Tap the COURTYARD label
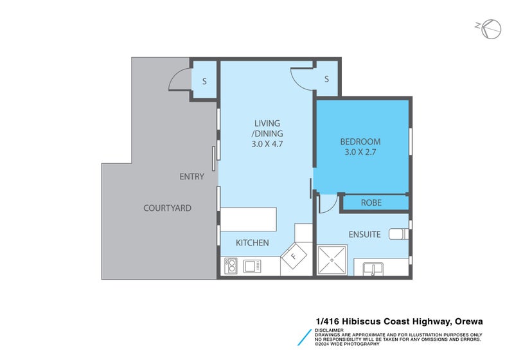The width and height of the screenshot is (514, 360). (x=167, y=208)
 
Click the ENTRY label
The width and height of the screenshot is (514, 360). (x=191, y=177)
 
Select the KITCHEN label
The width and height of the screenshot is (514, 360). (x=253, y=242)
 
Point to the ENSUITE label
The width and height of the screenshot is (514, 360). (x=364, y=235)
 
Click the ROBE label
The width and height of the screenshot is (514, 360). (x=371, y=203)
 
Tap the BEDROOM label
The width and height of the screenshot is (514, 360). (x=360, y=141)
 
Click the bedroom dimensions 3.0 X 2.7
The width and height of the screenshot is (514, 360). (x=360, y=152)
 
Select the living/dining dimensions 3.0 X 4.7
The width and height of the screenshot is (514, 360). (x=267, y=143)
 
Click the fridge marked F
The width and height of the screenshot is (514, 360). (x=294, y=256)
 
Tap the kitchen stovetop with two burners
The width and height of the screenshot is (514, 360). (x=231, y=266)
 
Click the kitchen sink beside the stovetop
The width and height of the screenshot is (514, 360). (x=253, y=266)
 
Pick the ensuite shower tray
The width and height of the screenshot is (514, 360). (x=332, y=260)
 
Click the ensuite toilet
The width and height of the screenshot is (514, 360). (x=398, y=234)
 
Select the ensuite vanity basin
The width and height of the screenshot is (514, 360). (x=373, y=269)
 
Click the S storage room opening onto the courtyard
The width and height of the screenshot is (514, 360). (x=204, y=80)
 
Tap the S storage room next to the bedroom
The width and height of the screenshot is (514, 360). (x=326, y=78)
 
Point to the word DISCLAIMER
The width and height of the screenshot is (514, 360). (x=329, y=330)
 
